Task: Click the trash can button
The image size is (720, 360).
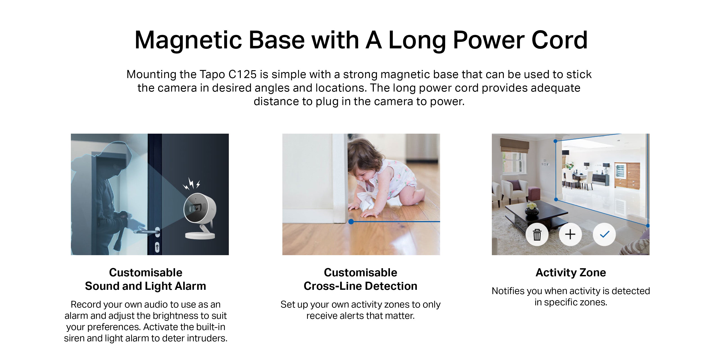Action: [x=537, y=234]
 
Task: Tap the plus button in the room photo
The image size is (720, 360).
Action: [x=570, y=234]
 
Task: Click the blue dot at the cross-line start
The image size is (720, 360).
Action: [x=351, y=222]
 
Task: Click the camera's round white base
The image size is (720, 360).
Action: [x=200, y=235]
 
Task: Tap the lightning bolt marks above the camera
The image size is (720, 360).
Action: [x=191, y=184]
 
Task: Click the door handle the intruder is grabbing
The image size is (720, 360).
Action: [x=148, y=232]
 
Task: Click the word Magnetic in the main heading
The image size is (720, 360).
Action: [x=188, y=40]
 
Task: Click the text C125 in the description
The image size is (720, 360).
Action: [x=242, y=74]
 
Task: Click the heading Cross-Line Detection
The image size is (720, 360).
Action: [x=360, y=286]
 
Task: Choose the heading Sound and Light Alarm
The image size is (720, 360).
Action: [x=145, y=286]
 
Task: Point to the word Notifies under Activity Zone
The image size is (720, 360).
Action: [x=508, y=291]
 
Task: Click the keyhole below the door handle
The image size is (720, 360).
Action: [x=157, y=247]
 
